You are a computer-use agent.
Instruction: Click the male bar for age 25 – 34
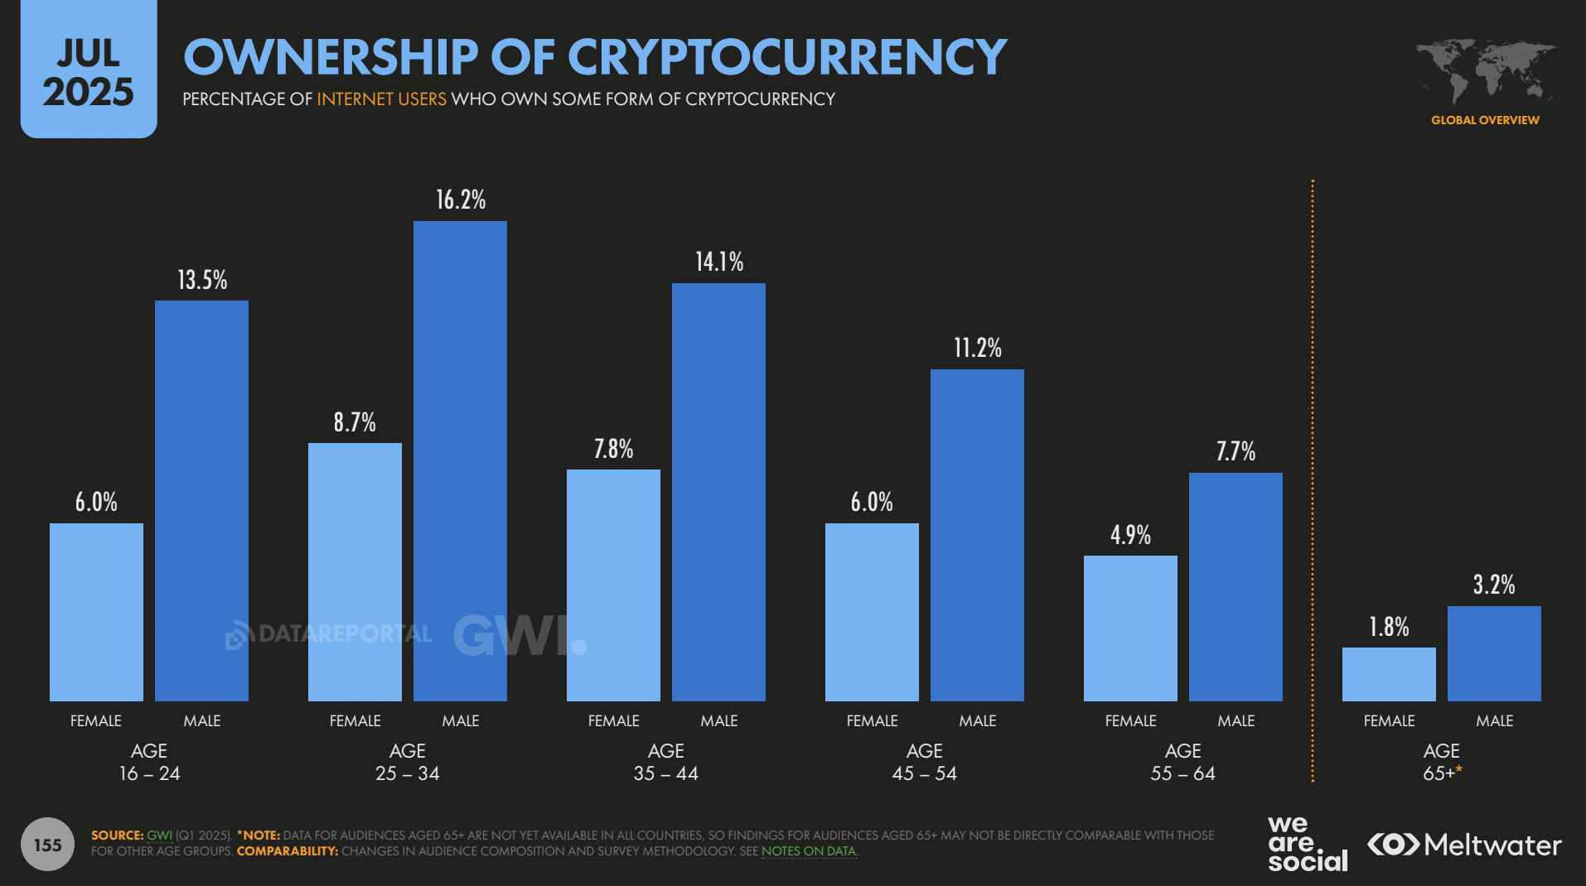[x=460, y=460]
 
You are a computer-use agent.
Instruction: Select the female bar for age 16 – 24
[x=96, y=612]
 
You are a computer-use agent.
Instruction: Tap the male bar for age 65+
[x=1494, y=653]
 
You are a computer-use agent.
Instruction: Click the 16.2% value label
[x=461, y=200]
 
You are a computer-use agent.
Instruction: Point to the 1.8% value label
[x=1389, y=627]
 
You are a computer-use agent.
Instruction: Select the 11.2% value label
[x=978, y=348]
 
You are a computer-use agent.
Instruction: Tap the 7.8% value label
[x=613, y=449]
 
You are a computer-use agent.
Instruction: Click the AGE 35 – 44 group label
[x=665, y=762]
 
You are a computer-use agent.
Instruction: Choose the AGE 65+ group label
[x=1441, y=762]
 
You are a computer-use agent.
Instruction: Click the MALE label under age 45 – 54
[x=978, y=721]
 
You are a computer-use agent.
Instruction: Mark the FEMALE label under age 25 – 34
[x=355, y=721]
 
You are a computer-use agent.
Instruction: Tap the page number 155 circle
[x=48, y=845]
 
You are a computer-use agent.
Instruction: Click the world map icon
[x=1484, y=71]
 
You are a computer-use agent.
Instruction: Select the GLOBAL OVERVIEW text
[x=1485, y=120]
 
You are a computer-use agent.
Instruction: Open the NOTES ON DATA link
[x=808, y=851]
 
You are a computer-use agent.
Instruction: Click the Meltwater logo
[x=1464, y=845]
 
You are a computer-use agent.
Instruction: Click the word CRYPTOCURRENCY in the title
[x=786, y=57]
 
